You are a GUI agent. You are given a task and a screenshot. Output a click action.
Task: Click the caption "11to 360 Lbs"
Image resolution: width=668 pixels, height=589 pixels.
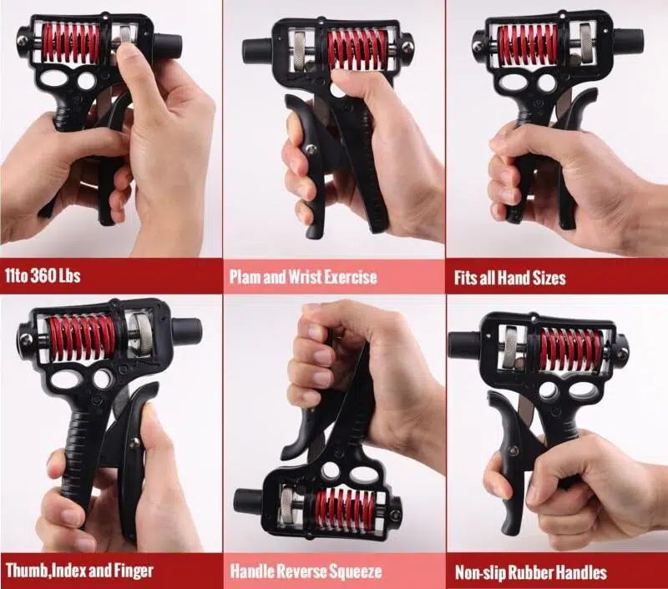[43, 276]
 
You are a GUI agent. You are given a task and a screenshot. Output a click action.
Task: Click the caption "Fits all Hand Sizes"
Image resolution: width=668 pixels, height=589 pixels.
[509, 278]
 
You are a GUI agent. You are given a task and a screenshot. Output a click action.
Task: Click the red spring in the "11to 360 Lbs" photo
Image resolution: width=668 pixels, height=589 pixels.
[71, 43]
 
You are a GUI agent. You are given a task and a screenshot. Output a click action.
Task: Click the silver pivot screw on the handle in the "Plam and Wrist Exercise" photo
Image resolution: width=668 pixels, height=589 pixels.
[311, 149]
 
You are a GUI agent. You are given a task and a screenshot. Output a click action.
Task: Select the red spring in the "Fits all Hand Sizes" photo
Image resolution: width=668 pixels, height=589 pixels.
[528, 46]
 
